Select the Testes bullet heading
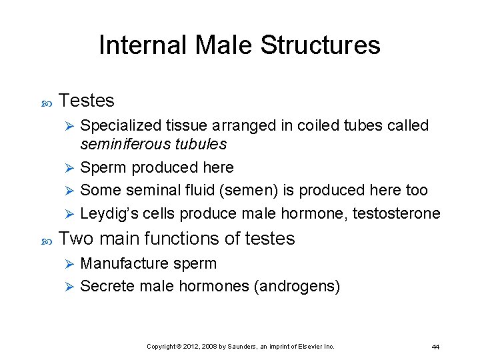[87, 101]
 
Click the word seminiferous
[120, 144]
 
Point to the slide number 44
[435, 347]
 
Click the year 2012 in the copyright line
[191, 347]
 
